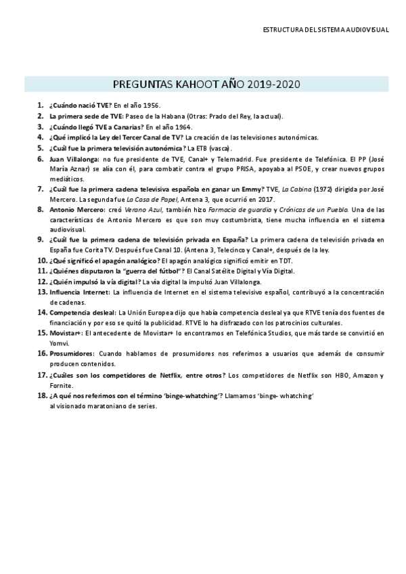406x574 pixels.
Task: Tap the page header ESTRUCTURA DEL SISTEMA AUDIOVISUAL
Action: (326, 30)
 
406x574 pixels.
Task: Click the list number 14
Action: (42, 313)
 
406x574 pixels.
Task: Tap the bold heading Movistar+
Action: (66, 334)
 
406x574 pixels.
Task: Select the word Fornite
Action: (61, 385)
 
